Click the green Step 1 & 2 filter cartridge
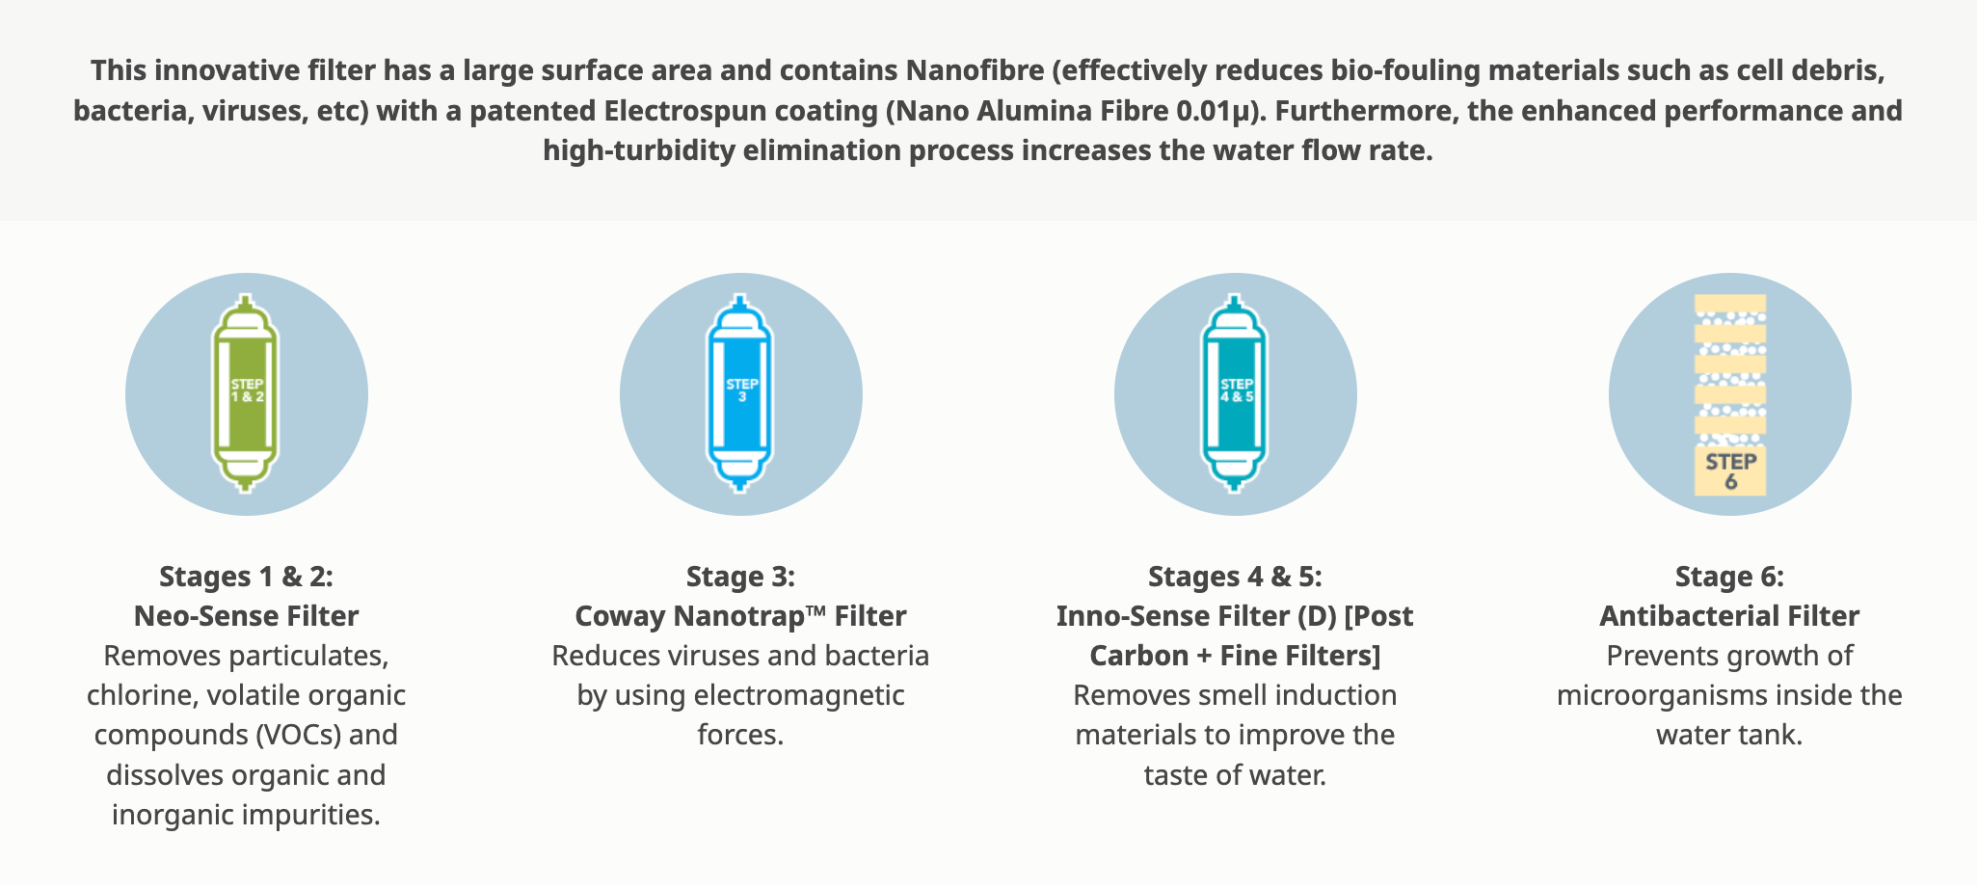tap(246, 393)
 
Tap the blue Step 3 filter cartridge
tap(740, 393)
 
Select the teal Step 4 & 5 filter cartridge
tap(1235, 393)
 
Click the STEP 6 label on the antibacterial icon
tap(1730, 471)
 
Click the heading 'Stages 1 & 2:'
tap(246, 577)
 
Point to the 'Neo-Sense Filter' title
tap(246, 616)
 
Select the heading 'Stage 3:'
tap(740, 577)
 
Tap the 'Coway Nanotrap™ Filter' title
tap(740, 616)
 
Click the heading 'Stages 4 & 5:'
tap(1235, 577)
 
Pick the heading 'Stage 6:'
tap(1729, 577)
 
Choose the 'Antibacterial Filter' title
tap(1729, 616)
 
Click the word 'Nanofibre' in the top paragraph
tap(975, 70)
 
